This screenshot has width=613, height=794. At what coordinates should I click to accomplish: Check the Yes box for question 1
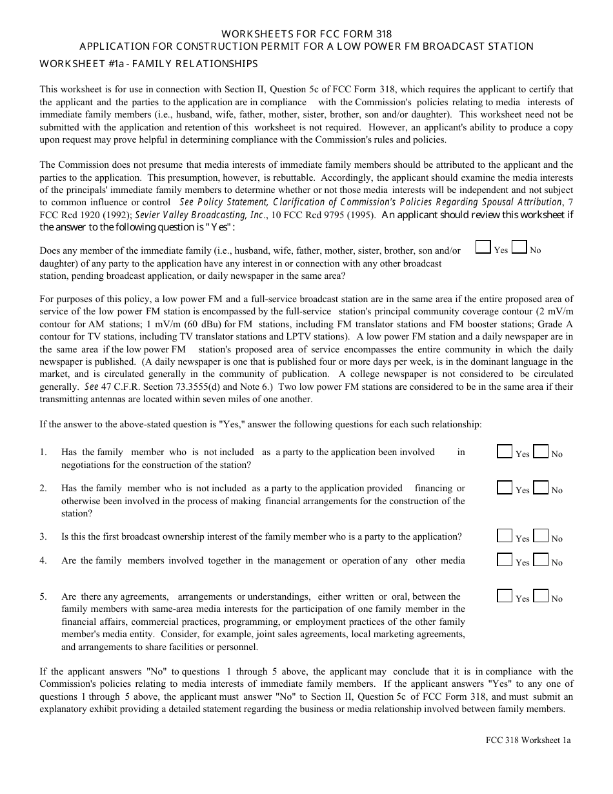click(x=505, y=452)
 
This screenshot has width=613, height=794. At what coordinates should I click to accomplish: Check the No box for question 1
click(x=541, y=452)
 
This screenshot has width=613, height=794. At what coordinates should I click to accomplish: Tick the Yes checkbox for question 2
click(x=505, y=488)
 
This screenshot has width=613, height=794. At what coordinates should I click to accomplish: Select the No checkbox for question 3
click(x=541, y=536)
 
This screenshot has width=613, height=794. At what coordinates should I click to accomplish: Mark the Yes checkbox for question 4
click(x=505, y=560)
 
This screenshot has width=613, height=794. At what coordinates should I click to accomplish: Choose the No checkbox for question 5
click(x=541, y=596)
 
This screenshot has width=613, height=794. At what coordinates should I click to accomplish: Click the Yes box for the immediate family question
click(x=483, y=248)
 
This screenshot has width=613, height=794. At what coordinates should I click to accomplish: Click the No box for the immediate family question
click(x=519, y=248)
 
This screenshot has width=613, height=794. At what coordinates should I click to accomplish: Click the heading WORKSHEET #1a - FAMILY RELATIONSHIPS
click(x=148, y=63)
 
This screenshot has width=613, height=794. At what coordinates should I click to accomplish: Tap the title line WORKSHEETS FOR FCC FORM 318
click(x=306, y=34)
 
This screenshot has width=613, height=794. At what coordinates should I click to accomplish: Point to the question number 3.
click(x=43, y=536)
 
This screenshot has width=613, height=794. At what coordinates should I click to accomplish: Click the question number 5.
click(x=43, y=596)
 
